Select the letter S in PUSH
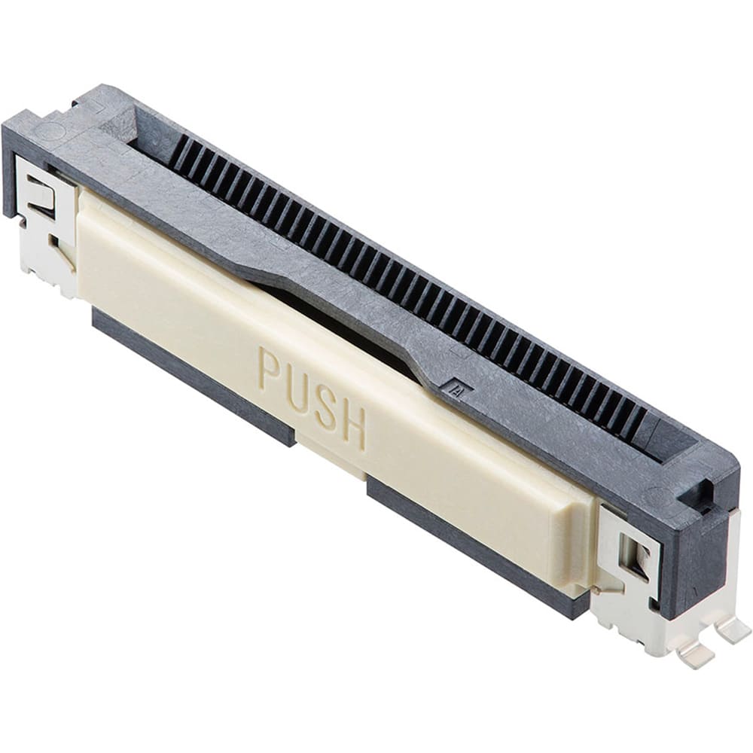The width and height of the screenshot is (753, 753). point(326,409)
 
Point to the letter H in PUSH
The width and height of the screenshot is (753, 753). point(354,428)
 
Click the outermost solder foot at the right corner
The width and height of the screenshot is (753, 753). point(733,630)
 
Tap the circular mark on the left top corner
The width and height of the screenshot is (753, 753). point(50,130)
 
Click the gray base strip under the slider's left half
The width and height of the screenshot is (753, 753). point(188,376)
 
